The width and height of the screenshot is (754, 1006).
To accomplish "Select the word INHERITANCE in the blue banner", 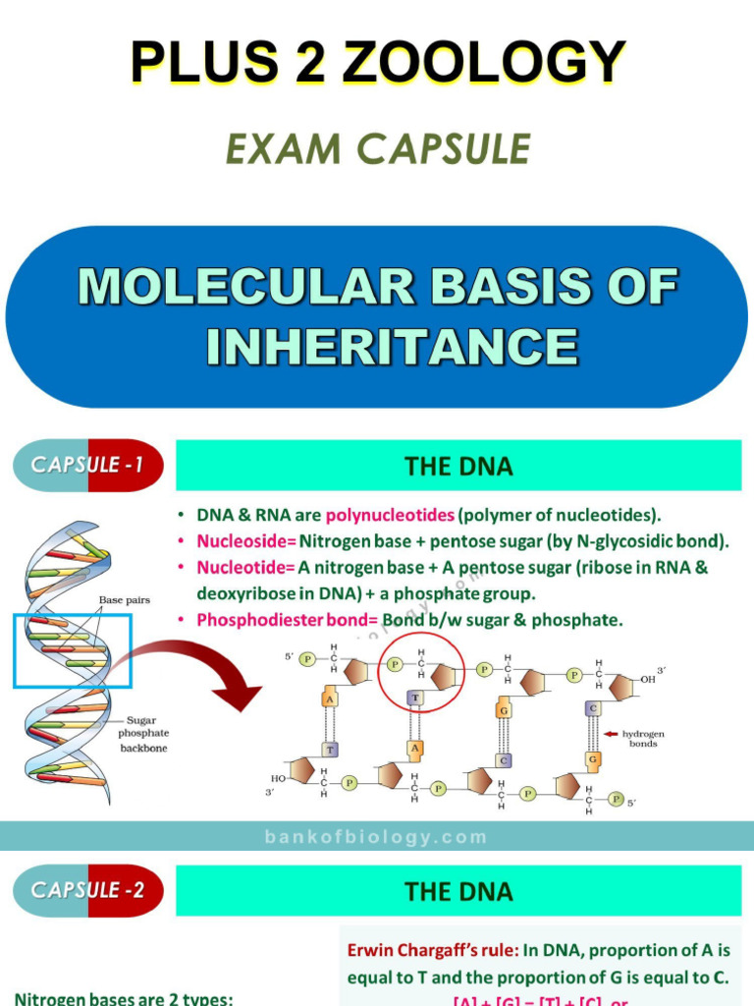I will pos(391,347).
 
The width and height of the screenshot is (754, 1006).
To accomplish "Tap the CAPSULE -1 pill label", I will pos(87,465).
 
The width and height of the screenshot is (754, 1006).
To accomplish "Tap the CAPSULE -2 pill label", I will pos(87,891).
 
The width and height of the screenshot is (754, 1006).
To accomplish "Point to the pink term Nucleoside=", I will pos(245,541).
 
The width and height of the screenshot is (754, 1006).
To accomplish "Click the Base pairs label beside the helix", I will pos(124,599).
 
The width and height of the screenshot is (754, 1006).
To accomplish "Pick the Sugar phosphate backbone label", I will pos(143,733).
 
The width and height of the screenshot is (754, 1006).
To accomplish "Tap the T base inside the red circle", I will pos(415,697).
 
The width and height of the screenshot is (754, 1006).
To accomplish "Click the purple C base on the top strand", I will pos(592,707).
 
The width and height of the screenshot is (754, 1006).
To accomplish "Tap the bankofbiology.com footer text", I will pos(376,837).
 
